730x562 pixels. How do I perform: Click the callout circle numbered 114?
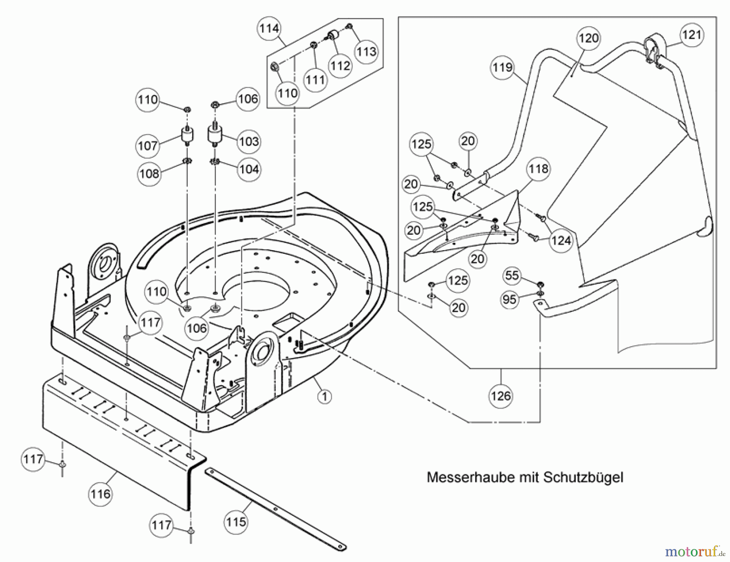[x=269, y=29]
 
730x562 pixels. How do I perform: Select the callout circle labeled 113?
[x=366, y=51]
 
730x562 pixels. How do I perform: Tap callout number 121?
[x=691, y=35]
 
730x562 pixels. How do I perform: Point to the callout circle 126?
[x=501, y=396]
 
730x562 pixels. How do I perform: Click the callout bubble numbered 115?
[x=236, y=521]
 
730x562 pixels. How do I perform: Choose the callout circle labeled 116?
[x=100, y=494]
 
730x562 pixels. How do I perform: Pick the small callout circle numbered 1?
[x=324, y=396]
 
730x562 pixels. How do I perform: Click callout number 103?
[x=249, y=142]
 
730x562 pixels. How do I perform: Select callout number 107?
[x=148, y=145]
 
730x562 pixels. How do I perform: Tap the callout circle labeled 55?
[x=512, y=276]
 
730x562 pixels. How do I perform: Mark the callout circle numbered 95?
[x=509, y=300]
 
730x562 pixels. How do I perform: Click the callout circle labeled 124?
[x=561, y=241]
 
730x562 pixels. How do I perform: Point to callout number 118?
[x=539, y=169]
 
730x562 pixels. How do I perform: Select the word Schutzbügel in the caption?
[x=583, y=477]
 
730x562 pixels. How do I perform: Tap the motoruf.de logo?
[x=694, y=551]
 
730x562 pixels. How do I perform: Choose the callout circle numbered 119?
[x=502, y=67]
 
